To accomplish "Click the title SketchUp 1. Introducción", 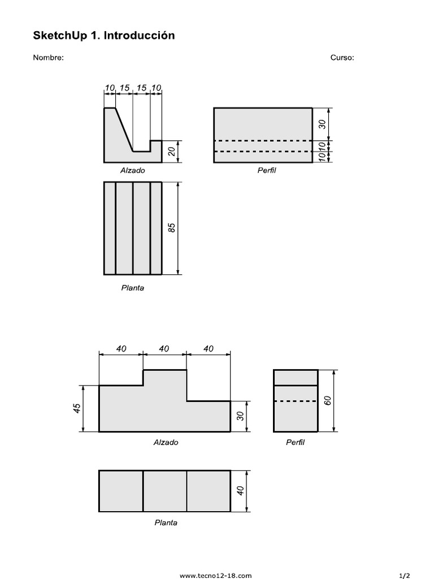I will click(104, 36).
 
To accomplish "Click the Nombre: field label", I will click(48, 58).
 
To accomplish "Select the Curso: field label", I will click(342, 58).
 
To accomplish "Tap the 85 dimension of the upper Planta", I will click(172, 228).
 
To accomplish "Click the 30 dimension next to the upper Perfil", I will click(323, 124).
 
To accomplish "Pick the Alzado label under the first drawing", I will click(132, 170).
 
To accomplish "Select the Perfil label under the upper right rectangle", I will click(266, 170).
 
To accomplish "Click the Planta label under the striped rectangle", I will click(132, 288).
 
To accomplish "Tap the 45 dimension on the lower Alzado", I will click(77, 409).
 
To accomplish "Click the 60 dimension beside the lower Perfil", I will click(327, 401).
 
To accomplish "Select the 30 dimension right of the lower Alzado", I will click(240, 416).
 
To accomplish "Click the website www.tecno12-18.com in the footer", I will click(215, 576).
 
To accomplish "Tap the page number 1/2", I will click(405, 576).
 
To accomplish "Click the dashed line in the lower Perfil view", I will click(296, 401).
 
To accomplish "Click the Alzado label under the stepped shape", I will click(166, 443).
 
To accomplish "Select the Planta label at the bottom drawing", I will click(166, 523).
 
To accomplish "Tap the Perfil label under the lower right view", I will click(295, 443).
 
